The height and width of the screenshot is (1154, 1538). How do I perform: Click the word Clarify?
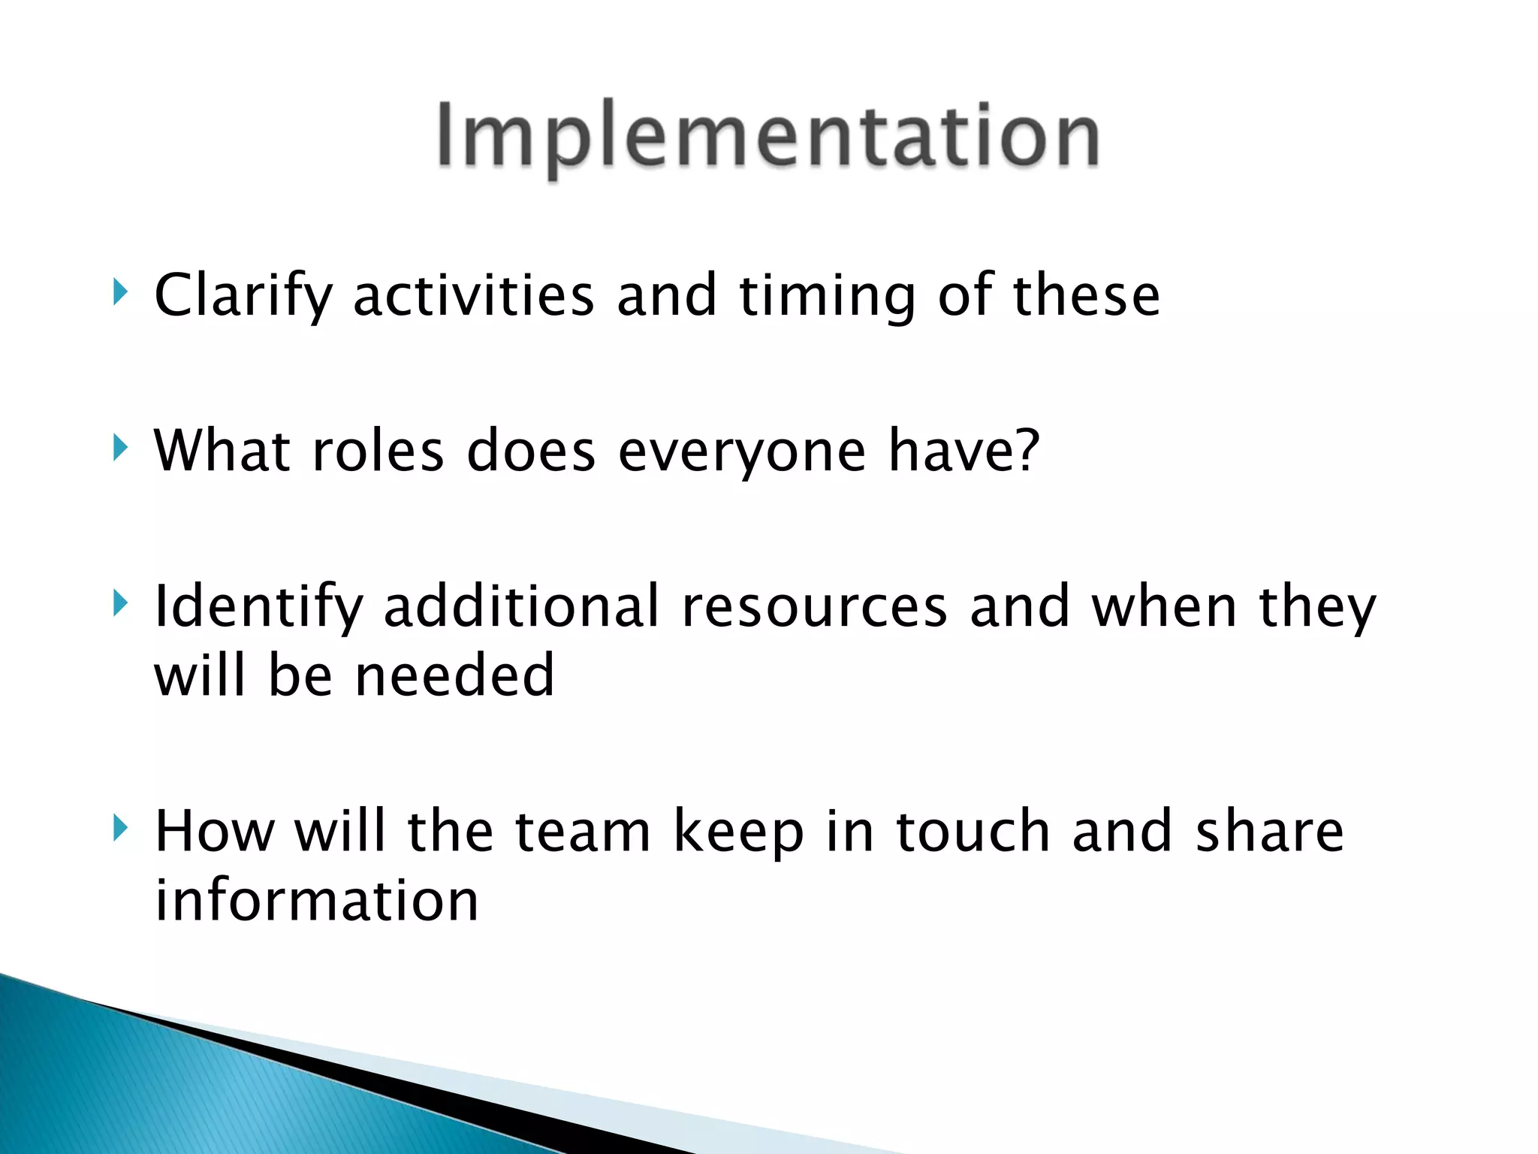(x=243, y=296)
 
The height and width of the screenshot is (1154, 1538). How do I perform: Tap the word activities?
(x=474, y=296)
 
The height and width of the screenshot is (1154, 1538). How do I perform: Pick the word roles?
(x=378, y=452)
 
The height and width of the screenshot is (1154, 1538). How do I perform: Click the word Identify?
(x=258, y=607)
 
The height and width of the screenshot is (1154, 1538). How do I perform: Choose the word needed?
(x=454, y=675)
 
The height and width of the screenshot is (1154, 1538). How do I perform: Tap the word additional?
(x=521, y=606)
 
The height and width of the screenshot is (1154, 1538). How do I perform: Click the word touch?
(x=973, y=832)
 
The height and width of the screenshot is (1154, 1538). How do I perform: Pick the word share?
(x=1269, y=832)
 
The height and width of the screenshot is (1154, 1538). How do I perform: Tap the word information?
(x=316, y=901)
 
